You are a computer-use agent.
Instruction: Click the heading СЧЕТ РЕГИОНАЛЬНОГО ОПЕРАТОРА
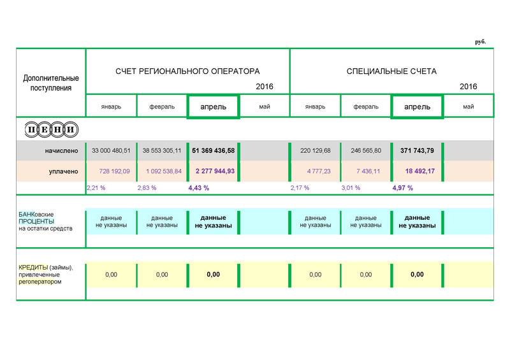(187, 71)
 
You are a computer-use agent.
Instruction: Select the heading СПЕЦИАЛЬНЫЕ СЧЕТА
(391, 71)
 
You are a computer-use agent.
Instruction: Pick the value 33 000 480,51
(111, 151)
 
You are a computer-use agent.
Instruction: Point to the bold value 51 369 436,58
(213, 151)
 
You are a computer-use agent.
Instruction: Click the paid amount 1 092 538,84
(162, 171)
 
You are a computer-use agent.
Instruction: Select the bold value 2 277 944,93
(213, 171)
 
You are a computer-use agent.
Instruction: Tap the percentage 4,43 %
(199, 188)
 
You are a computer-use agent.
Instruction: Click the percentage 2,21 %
(96, 188)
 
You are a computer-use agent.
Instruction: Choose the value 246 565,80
(366, 151)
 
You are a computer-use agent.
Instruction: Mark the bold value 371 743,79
(417, 151)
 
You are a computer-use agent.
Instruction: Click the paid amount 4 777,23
(315, 171)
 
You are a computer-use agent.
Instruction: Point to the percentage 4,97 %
(403, 188)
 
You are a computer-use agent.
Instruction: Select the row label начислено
(62, 151)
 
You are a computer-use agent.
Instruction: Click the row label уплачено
(64, 171)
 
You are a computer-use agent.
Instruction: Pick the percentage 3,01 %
(351, 188)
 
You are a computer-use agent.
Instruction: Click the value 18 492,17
(417, 171)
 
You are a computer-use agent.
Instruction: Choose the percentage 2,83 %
(147, 188)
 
